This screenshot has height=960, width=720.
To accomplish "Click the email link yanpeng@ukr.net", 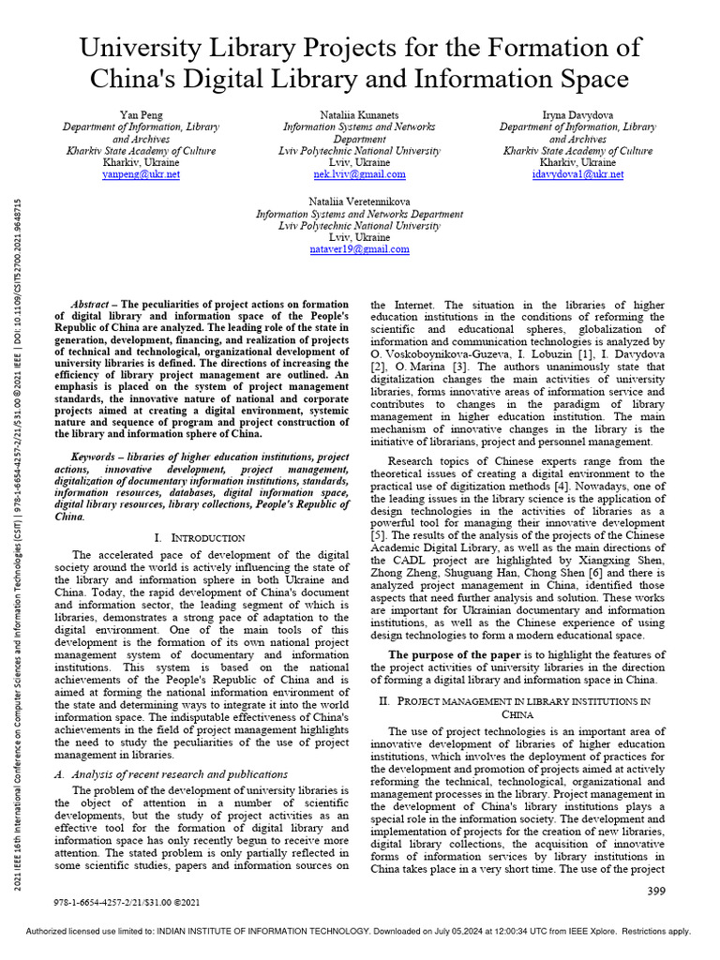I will pos(141,174).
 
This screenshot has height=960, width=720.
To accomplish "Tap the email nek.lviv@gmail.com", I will pos(359,174).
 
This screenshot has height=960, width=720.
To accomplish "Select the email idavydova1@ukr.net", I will pos(577,174).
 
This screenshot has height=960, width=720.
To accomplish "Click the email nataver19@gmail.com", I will pos(359,249).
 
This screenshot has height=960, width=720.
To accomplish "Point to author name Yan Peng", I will pos(141,113).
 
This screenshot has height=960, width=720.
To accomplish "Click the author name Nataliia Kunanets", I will pos(359,113).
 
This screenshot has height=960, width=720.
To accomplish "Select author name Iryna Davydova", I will pos(577,113).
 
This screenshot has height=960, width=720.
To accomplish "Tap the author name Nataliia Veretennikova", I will pos(359,202).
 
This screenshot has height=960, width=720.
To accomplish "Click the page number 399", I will pos(656,891).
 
